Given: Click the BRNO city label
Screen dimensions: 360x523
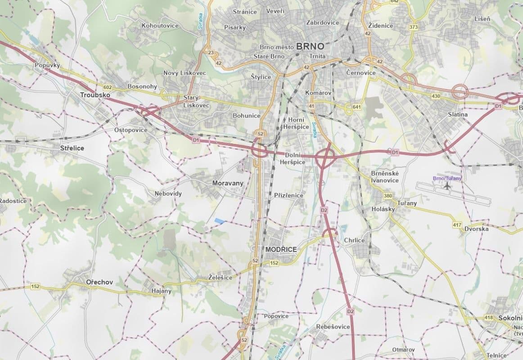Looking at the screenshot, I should (311, 46).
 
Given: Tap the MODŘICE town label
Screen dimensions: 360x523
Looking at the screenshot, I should (281, 249).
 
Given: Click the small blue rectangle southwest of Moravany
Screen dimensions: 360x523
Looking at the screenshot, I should (219, 220).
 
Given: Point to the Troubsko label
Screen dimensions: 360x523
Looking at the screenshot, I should (95, 95).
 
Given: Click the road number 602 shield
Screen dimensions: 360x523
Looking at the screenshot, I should (107, 87).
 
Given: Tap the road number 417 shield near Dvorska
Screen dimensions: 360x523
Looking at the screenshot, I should (457, 225).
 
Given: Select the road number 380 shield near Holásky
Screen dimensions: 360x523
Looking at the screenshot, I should (388, 196).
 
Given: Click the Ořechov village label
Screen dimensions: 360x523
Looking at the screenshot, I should (99, 282).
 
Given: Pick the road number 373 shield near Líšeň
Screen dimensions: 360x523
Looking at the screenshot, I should (414, 27).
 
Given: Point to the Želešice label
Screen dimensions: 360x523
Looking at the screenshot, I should (220, 278).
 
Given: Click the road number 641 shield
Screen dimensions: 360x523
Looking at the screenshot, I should (357, 107).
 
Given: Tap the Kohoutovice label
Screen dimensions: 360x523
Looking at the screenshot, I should (160, 26).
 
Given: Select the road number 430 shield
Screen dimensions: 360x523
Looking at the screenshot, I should (435, 96).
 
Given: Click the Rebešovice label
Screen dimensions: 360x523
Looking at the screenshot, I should (333, 327).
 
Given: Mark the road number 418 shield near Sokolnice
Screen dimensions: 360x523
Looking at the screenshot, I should (489, 318).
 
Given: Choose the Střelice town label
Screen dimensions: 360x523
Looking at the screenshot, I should (72, 148).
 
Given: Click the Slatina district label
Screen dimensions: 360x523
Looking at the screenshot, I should (458, 114).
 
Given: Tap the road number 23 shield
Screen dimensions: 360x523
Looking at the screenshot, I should (211, 53).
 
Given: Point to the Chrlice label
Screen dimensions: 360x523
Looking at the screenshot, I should (354, 240).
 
